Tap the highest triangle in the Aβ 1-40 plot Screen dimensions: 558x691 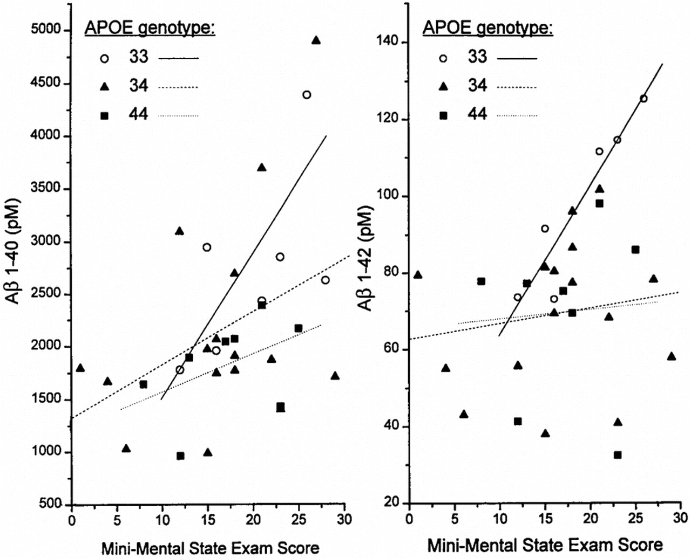pyautogui.click(x=316, y=40)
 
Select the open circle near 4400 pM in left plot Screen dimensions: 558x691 pyautogui.click(x=307, y=95)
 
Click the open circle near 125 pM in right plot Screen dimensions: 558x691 pyautogui.click(x=643, y=99)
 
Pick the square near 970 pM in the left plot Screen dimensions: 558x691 pyautogui.click(x=180, y=456)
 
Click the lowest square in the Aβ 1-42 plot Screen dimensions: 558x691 pyautogui.click(x=618, y=455)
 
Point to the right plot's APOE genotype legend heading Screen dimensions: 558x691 pyautogui.click(x=487, y=27)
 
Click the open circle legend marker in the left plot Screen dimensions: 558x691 pyautogui.click(x=105, y=58)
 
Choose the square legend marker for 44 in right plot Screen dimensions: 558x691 pyautogui.click(x=443, y=115)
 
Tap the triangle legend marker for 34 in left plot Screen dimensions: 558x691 pyautogui.click(x=105, y=86)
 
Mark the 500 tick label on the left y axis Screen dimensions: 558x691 pyautogui.click(x=51, y=504)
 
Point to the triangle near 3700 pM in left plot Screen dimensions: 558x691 pyautogui.click(x=262, y=168)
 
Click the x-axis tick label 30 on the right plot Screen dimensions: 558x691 pyautogui.click(x=681, y=519)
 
